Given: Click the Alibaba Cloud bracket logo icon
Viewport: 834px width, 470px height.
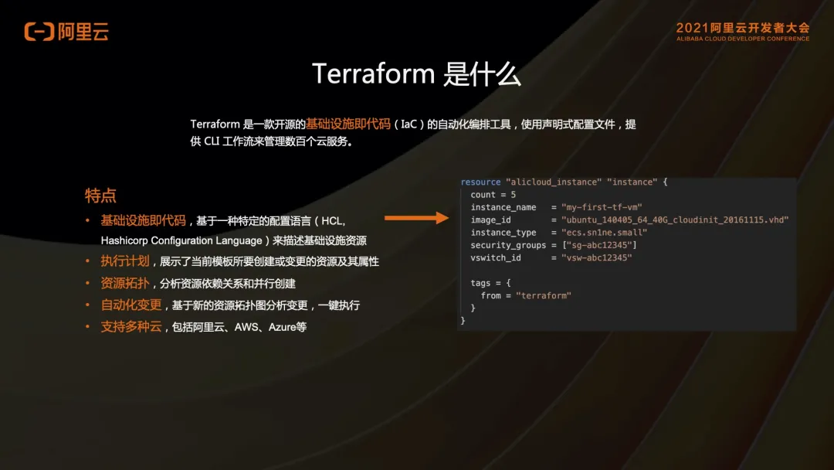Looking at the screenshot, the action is point(39,32).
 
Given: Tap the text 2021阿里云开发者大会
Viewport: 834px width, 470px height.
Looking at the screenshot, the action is point(743,28).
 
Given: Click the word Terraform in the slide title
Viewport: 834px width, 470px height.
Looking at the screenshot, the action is point(374,73).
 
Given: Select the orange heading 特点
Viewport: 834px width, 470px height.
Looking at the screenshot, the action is point(100,196).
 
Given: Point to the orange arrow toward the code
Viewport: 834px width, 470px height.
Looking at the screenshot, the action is point(416,218).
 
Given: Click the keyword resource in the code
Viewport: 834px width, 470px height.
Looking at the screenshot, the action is point(480,182).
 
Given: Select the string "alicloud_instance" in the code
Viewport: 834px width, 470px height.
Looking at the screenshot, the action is point(554,182).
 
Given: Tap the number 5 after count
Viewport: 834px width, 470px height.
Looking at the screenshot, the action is point(514,195).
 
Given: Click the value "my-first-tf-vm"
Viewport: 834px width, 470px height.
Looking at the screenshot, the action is point(602,207).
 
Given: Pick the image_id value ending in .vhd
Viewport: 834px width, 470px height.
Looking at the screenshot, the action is point(675,220).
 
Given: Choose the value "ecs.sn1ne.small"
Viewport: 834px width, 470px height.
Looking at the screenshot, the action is point(604,233).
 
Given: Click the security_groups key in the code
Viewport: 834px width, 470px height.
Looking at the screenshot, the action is point(508,245).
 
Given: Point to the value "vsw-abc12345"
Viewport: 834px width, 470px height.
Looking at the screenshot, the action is point(597,257).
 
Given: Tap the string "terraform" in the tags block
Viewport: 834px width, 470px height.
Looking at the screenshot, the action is point(544,295).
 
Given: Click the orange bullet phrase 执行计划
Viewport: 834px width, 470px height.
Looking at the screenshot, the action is point(125,261).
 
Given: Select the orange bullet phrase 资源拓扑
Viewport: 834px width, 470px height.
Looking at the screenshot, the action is point(125,283).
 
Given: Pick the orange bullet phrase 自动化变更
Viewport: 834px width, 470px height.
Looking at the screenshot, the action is point(131,305).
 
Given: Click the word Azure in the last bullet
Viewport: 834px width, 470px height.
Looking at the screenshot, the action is point(281,327).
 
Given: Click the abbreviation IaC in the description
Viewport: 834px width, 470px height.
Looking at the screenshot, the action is point(409,124).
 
